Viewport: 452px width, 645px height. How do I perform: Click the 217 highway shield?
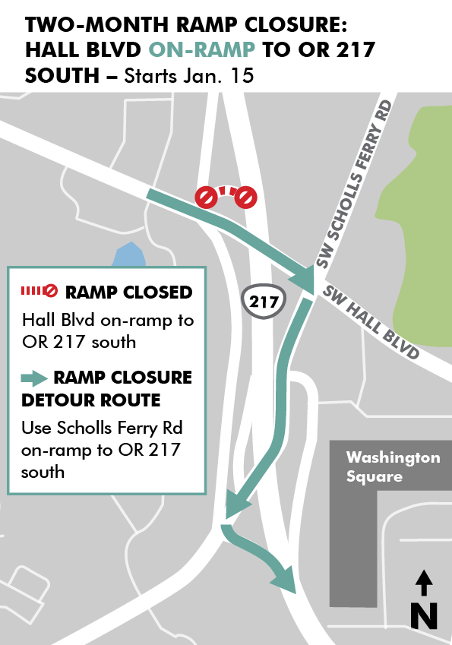(264, 302)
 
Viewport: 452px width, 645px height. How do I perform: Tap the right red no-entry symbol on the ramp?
(246, 198)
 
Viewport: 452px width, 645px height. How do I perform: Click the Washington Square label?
(393, 467)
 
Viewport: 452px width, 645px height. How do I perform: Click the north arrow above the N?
(424, 583)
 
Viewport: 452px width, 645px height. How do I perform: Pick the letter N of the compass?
(424, 614)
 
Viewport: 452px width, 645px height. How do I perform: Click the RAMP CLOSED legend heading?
(128, 292)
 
